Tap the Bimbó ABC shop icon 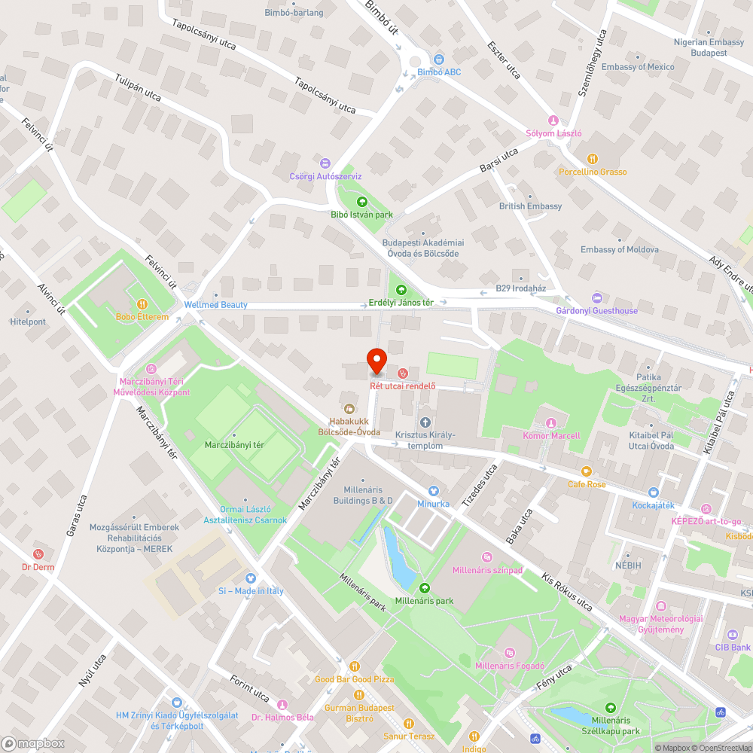(x=439, y=59)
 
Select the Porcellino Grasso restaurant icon (x=593, y=159)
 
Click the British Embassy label (x=530, y=206)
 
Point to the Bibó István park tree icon (x=362, y=202)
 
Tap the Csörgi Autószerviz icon (x=325, y=163)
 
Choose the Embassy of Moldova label (x=619, y=249)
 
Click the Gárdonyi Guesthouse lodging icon (x=597, y=297)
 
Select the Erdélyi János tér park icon (x=401, y=289)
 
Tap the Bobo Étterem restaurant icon (x=137, y=304)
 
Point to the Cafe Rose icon (x=587, y=471)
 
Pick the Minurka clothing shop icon (x=433, y=490)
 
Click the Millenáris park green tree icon (x=424, y=588)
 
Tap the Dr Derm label (x=38, y=567)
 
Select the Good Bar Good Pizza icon (x=354, y=666)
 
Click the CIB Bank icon (x=733, y=635)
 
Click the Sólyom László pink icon (x=553, y=120)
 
